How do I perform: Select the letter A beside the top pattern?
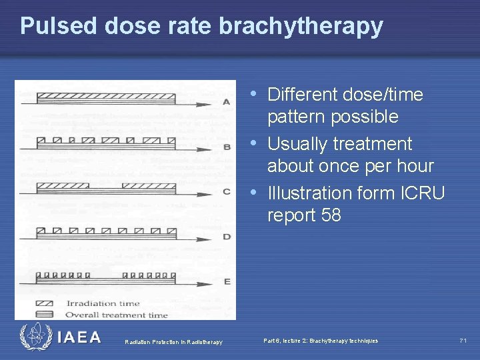tap(227, 102)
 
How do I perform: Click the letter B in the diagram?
tap(227, 147)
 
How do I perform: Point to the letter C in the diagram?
tap(227, 191)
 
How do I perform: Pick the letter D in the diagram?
tap(227, 237)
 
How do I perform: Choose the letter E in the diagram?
tap(227, 281)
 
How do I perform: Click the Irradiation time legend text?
tap(103, 304)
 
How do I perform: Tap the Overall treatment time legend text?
tap(117, 315)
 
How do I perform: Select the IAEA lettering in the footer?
tap(79, 337)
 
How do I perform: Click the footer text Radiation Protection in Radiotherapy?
tap(174, 342)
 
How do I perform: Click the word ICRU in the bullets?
tap(422, 193)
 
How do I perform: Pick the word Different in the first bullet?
tap(301, 95)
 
